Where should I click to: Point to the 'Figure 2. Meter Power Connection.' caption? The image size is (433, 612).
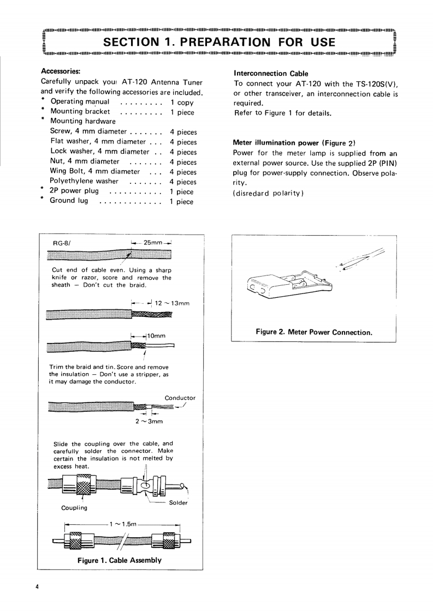click(x=314, y=332)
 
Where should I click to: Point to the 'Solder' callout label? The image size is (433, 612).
click(x=179, y=503)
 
